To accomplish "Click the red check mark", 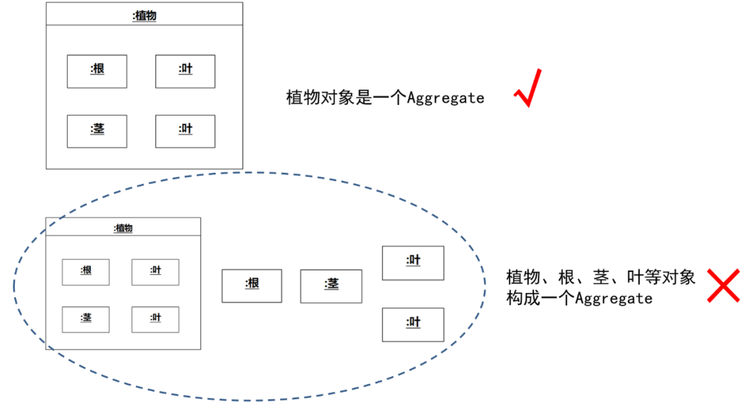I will pos(527,89).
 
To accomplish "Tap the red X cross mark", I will pos(723,285).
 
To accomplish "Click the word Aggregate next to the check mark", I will pos(446,98).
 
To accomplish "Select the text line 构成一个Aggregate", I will pos(579,299).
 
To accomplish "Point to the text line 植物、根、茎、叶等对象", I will pos(601,277).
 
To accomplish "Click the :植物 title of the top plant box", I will pos(144,15).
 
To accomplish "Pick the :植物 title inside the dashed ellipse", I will pos(123,228).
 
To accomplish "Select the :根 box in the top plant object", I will pos(97,71).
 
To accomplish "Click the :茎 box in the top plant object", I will pos(97,131).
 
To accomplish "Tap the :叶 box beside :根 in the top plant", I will pos(185,71).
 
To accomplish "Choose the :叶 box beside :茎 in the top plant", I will pos(185,131).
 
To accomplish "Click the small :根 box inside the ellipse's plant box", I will pos(85,272).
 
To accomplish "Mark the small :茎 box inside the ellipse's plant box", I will pos(85,320).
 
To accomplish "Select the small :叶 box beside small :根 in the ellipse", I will pos(155,272).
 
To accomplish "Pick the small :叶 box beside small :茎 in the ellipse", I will pos(155,320).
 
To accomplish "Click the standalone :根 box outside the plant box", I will pos(252,286).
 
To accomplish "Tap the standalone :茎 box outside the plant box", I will pos(331,286).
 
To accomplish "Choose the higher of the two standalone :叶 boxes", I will pos(413,263).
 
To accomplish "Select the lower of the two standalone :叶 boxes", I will pos(413,324).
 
